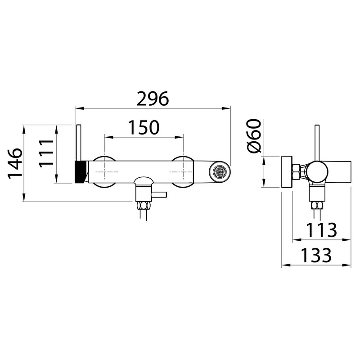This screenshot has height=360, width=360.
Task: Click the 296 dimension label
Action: (x=153, y=99)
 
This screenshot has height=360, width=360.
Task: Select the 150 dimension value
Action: (x=144, y=127)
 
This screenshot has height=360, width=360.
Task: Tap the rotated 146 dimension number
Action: (x=15, y=164)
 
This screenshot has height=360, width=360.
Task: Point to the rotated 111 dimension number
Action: (x=46, y=153)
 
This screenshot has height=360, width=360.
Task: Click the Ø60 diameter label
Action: (x=254, y=136)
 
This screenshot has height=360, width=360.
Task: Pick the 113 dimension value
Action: (x=321, y=230)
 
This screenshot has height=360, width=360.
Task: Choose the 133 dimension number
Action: (x=316, y=255)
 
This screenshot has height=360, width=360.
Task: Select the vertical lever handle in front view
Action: (x=78, y=143)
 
